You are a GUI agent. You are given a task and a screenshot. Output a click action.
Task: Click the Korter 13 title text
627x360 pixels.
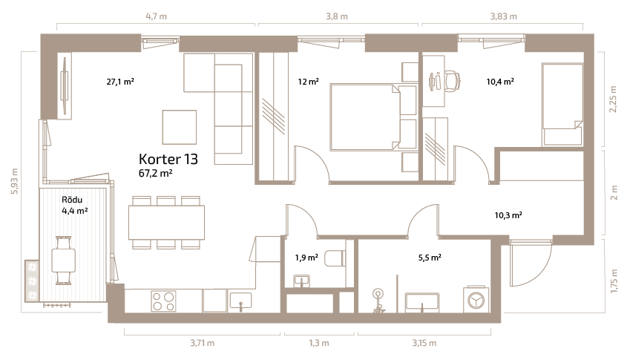click(x=168, y=159)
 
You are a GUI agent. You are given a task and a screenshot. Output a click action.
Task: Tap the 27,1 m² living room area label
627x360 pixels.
click(x=120, y=82)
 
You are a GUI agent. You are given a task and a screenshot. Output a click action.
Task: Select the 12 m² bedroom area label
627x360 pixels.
click(x=308, y=82)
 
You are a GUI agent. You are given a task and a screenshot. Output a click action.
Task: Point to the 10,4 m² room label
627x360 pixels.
click(x=500, y=82)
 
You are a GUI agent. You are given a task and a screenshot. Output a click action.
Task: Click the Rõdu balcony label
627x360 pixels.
click(x=72, y=200)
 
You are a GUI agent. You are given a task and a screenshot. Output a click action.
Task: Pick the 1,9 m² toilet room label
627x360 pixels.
click(x=306, y=258)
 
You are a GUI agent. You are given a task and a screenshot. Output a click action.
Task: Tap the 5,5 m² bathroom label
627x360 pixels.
click(x=430, y=258)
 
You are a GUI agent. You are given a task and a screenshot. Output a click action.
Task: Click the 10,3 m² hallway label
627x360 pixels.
click(x=508, y=215)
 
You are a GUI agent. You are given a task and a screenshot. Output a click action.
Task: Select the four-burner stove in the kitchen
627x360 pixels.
click(x=163, y=301)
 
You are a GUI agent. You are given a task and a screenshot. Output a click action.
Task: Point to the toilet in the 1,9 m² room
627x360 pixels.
click(x=335, y=258)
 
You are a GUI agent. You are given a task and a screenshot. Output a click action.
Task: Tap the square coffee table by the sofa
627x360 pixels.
click(x=179, y=127)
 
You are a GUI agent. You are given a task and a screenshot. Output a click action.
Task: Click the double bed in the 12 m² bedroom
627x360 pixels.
click(x=364, y=117)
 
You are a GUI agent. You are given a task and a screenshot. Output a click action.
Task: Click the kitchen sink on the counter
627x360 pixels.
click(x=240, y=301)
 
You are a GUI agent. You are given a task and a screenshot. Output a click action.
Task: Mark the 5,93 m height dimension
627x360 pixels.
click(x=15, y=181)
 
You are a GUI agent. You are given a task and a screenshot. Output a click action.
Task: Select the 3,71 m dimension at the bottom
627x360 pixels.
click(x=202, y=343)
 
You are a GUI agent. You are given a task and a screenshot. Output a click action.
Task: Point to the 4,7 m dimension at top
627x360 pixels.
click(x=156, y=16)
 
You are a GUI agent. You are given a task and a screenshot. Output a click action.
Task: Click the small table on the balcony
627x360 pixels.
click(x=64, y=260)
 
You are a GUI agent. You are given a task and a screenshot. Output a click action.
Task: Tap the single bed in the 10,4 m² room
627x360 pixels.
click(x=562, y=105)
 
